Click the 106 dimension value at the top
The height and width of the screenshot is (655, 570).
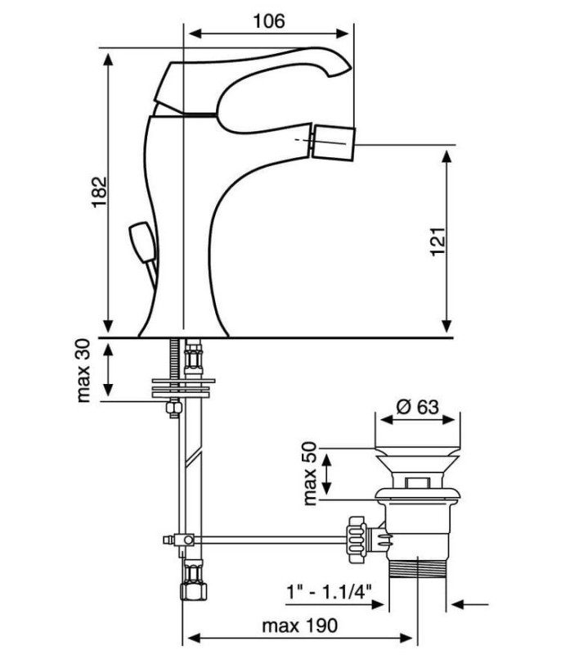269,21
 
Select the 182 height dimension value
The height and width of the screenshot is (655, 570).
99,192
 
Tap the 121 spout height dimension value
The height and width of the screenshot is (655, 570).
438,242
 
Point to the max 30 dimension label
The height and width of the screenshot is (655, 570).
84,371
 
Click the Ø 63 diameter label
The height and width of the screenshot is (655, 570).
417,406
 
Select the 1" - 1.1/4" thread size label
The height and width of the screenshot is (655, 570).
329,592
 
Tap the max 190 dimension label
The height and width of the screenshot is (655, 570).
299,626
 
